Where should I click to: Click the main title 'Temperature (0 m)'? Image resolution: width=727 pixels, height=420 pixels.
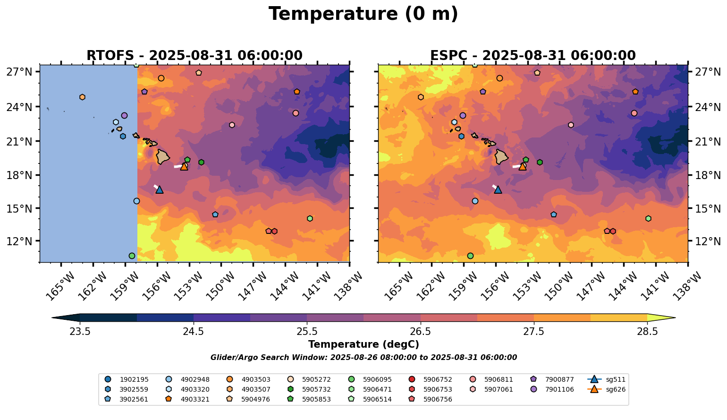click(x=363, y=14)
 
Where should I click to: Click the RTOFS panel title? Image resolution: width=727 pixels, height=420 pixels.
click(x=194, y=56)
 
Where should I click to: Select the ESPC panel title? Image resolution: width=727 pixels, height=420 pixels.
click(x=533, y=56)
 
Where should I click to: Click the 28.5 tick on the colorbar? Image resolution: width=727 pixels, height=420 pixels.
click(x=647, y=332)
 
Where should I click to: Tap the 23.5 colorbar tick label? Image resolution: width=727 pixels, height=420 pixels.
click(x=80, y=332)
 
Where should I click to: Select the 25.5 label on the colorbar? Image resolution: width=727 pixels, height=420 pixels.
click(x=307, y=332)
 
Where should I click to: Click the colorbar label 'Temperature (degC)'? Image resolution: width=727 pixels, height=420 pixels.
click(x=363, y=344)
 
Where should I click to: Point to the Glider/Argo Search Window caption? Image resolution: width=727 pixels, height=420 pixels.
click(x=363, y=358)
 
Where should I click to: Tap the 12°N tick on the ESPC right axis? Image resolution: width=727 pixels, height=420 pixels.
click(x=707, y=241)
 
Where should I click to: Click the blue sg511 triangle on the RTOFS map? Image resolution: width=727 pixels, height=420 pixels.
click(x=160, y=189)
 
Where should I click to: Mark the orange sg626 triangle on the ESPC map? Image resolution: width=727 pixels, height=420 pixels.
click(x=523, y=166)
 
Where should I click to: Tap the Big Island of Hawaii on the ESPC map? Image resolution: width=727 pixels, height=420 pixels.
click(x=501, y=156)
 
